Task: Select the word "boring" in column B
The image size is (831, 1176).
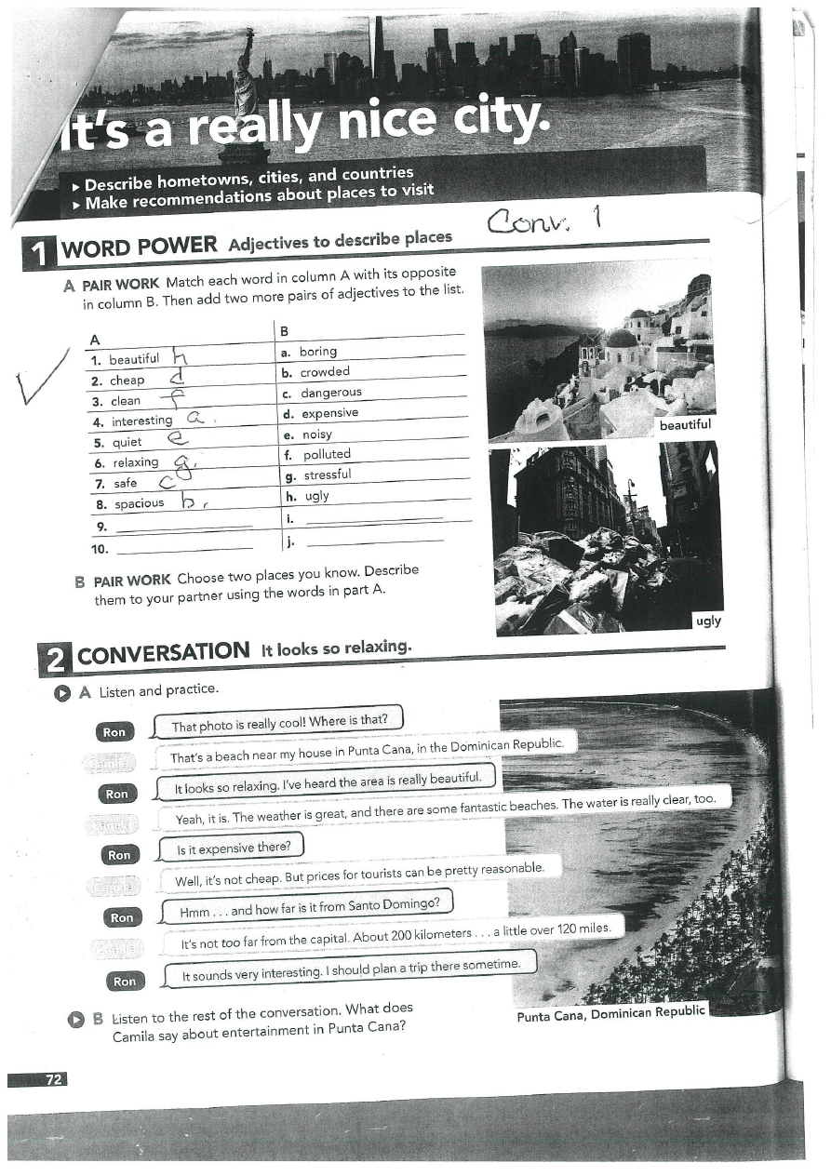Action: point(318,352)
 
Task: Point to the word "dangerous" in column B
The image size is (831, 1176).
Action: point(330,393)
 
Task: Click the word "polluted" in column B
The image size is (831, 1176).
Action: point(327,454)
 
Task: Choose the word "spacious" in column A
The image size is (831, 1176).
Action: point(139,503)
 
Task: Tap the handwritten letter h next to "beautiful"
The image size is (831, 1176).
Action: point(181,356)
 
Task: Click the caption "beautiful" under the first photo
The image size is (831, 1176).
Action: point(684,425)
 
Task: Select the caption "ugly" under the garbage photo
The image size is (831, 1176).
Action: point(708,621)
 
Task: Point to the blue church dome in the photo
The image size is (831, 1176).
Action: point(621,337)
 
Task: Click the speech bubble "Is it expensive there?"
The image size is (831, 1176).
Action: point(234,848)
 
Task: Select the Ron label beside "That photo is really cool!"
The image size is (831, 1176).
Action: point(114,732)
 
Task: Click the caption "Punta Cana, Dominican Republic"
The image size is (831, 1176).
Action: point(610,1012)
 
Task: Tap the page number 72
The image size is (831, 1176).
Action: point(53,1079)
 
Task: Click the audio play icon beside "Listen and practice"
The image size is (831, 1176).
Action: point(61,692)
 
